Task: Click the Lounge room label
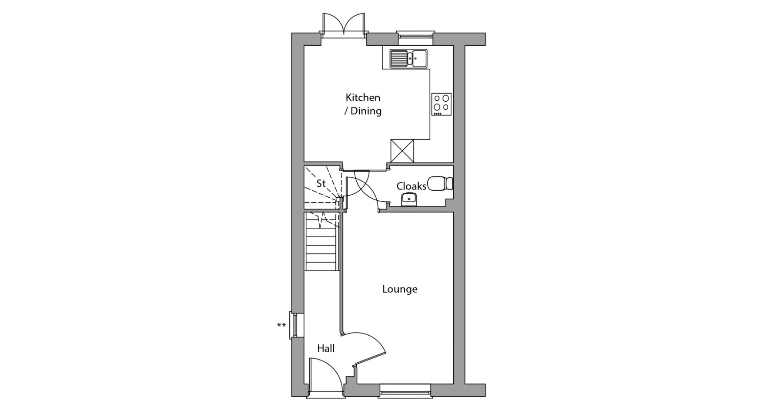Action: [x=400, y=289]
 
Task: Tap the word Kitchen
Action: [x=363, y=98]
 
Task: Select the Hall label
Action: [x=326, y=348]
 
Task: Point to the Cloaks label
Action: [x=411, y=186]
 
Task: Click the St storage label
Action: [x=321, y=183]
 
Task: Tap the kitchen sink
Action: [x=408, y=58]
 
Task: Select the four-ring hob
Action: [x=441, y=104]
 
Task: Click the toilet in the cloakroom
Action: [x=440, y=183]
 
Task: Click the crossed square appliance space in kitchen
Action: [x=402, y=151]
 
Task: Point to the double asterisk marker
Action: [x=281, y=325]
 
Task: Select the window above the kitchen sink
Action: [x=415, y=38]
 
